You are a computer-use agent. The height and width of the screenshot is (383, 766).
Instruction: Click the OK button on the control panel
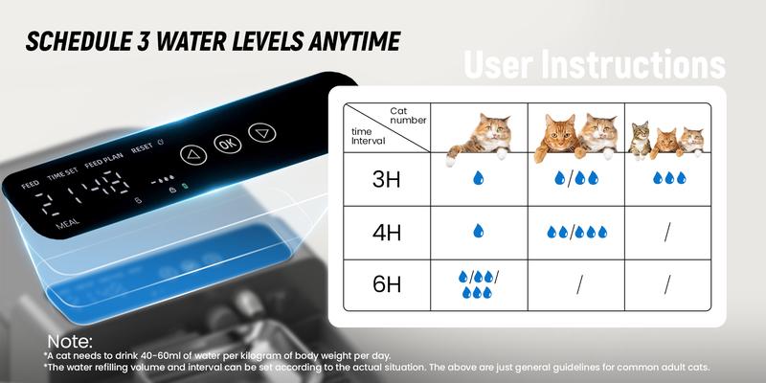[225, 144]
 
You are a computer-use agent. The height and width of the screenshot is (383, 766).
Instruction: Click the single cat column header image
[480, 134]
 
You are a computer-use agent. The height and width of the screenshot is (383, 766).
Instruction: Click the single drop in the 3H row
[479, 178]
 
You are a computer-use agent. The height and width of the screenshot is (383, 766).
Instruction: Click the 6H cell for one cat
[479, 284]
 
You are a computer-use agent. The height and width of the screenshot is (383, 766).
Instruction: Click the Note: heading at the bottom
[69, 342]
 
